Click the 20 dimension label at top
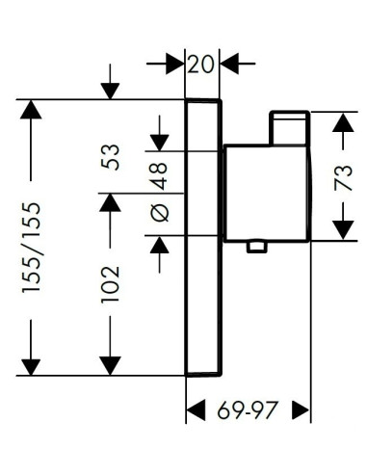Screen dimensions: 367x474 click(x=200, y=64)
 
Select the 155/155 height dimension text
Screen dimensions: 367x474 click(x=32, y=248)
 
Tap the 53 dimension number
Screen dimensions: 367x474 click(x=110, y=157)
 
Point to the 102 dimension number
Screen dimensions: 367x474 click(x=110, y=283)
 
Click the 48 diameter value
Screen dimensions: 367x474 click(x=160, y=176)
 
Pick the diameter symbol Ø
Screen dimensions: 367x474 click(x=160, y=213)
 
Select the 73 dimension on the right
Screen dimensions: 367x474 click(x=343, y=177)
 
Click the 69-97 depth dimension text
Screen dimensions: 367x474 click(x=248, y=410)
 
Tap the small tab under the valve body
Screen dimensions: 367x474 click(x=257, y=247)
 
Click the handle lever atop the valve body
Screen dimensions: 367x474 click(x=290, y=128)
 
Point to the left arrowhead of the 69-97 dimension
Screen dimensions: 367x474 click(x=196, y=410)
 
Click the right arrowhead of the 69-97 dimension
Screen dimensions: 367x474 click(x=301, y=410)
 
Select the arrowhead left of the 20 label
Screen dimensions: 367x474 click(x=175, y=64)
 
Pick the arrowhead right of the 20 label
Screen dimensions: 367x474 click(x=229, y=64)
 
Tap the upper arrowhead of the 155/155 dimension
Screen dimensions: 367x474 click(x=31, y=110)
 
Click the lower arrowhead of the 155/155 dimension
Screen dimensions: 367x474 click(x=31, y=367)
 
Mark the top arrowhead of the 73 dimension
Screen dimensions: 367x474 click(x=343, y=122)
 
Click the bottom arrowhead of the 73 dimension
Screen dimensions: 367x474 click(x=343, y=230)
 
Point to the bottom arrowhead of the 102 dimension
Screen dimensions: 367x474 click(x=110, y=366)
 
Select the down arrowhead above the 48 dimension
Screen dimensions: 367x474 click(x=160, y=143)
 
